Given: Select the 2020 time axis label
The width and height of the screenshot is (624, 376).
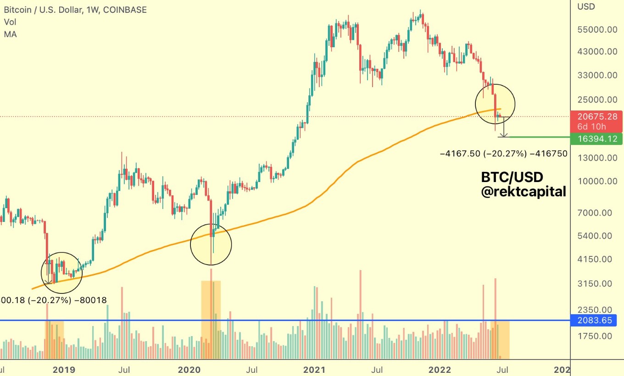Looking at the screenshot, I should (x=190, y=369).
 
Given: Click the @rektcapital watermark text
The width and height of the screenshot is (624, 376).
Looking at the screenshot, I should (x=523, y=192).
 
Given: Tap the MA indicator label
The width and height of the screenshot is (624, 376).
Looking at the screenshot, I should (x=10, y=34).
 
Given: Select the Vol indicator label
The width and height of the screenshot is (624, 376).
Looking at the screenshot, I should (x=10, y=22).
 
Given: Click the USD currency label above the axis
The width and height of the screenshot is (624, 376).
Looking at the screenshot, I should (x=586, y=6).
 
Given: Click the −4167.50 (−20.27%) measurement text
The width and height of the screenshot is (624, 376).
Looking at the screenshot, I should (x=503, y=154).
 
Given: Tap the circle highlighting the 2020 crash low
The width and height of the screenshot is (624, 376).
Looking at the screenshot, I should (x=211, y=244).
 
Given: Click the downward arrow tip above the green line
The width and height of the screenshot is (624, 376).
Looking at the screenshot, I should (x=504, y=136).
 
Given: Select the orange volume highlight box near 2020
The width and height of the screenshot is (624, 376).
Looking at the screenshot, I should (x=211, y=320).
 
